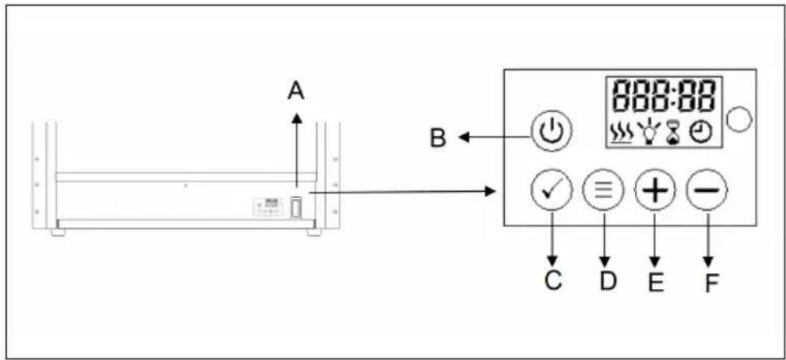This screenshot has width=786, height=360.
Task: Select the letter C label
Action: tap(551, 280)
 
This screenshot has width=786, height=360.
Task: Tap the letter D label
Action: tap(607, 280)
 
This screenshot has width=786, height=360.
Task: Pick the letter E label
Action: tap(656, 282)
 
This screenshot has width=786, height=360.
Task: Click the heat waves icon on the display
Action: tap(621, 133)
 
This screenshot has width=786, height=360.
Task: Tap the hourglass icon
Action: tap(671, 133)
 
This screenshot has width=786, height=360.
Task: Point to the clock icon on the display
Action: tap(700, 133)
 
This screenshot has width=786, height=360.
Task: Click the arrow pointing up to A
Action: tap(295, 147)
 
